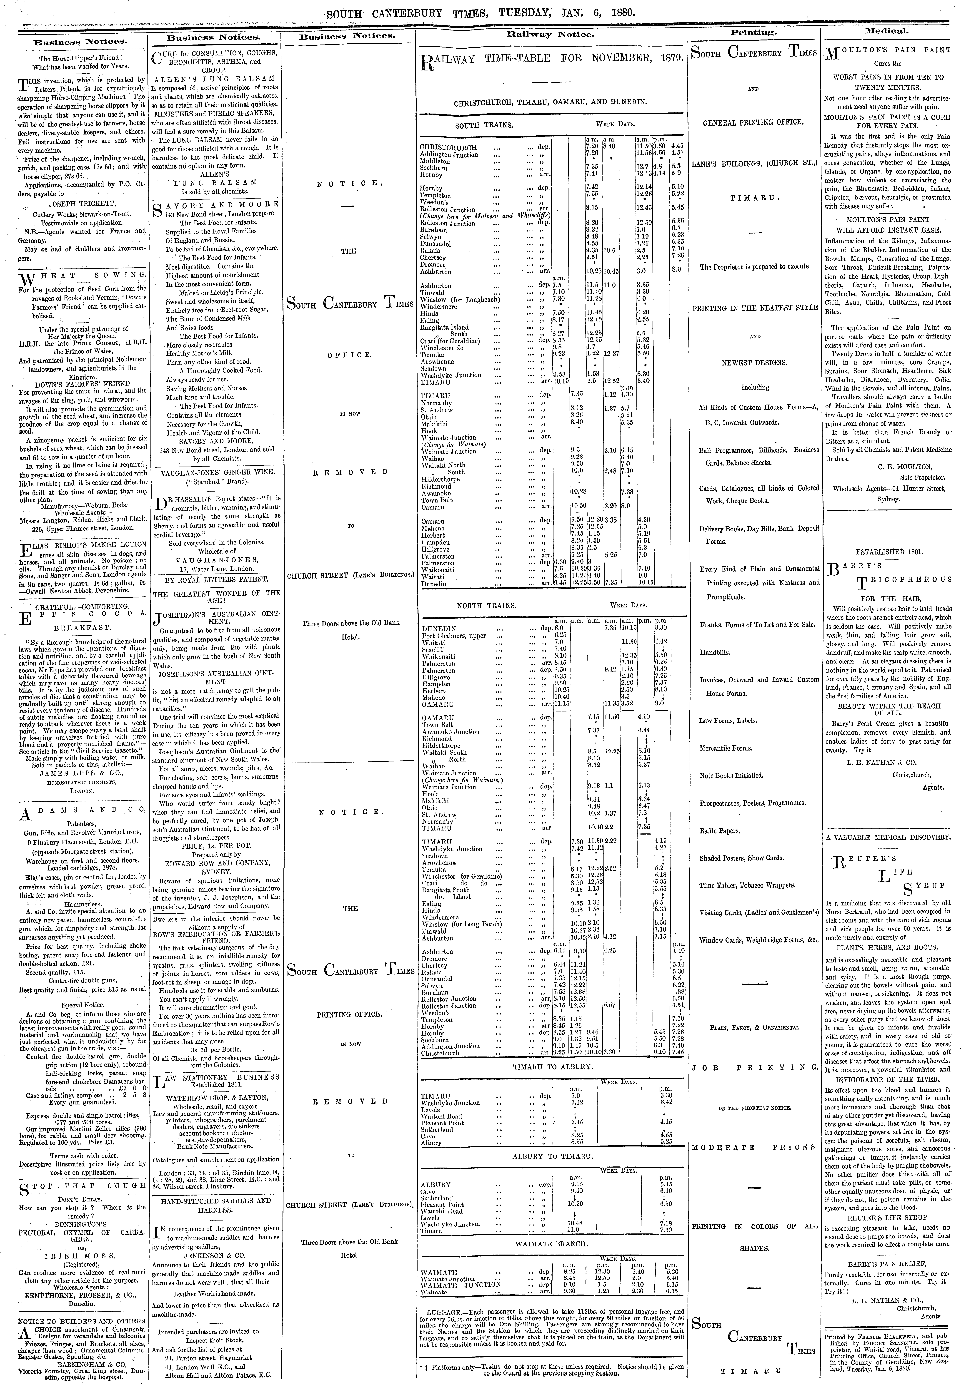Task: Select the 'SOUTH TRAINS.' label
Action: click(484, 125)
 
